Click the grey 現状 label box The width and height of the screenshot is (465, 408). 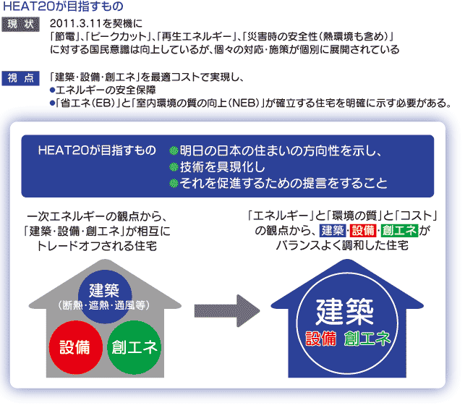pyautogui.click(x=20, y=25)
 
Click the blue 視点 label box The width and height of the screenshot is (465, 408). pyautogui.click(x=20, y=78)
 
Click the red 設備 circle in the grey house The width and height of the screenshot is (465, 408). pyautogui.click(x=76, y=347)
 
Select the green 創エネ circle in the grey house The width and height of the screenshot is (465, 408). pyautogui.click(x=135, y=347)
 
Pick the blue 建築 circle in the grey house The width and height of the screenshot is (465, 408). pyautogui.click(x=105, y=297)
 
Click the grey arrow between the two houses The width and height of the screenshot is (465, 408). pyautogui.click(x=227, y=311)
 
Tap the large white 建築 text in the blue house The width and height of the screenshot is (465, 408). pyautogui.click(x=344, y=312)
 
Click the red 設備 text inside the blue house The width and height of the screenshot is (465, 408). pyautogui.click(x=321, y=339)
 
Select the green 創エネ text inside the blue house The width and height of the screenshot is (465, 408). pyautogui.click(x=367, y=339)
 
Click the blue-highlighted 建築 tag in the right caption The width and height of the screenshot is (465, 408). pyautogui.click(x=333, y=231)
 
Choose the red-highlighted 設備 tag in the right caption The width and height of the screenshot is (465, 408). pyautogui.click(x=363, y=231)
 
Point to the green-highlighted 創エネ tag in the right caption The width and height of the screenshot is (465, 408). pyautogui.click(x=400, y=231)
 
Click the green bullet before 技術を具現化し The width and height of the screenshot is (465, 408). pyautogui.click(x=174, y=167)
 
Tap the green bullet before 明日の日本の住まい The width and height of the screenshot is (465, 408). pyautogui.click(x=174, y=150)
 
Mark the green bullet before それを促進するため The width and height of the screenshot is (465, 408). pyautogui.click(x=174, y=183)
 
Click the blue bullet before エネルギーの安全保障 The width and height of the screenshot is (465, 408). pyautogui.click(x=53, y=90)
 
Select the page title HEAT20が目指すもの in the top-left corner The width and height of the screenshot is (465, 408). pyautogui.click(x=63, y=7)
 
